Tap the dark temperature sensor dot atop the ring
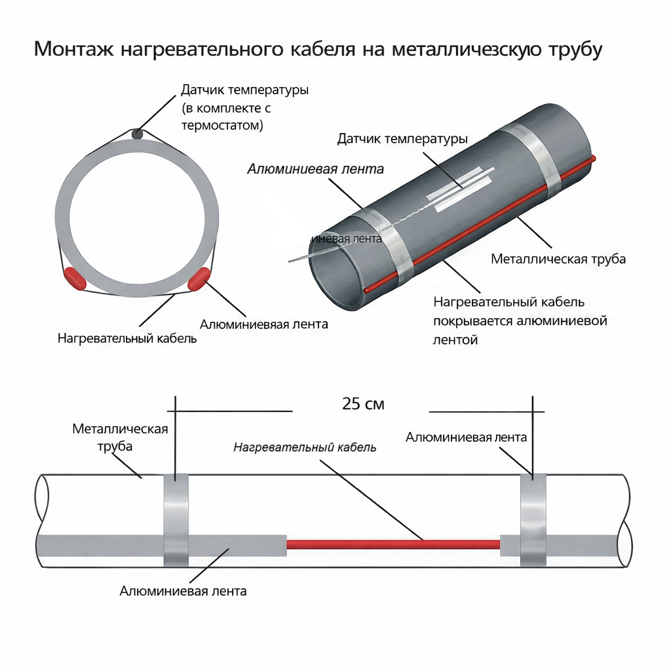137,134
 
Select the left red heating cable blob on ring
75,278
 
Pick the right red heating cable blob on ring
199,278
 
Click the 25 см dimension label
363,404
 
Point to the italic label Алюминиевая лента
315,168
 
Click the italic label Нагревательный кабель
305,448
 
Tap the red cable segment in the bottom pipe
393,544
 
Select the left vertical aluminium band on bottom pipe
176,520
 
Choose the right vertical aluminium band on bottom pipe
533,520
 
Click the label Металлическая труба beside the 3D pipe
558,259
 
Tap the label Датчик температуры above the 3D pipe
402,139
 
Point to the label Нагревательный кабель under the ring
127,339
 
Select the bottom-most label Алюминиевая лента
183,591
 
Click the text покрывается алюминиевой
520,321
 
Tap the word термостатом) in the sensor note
223,125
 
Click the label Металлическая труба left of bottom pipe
120,437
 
